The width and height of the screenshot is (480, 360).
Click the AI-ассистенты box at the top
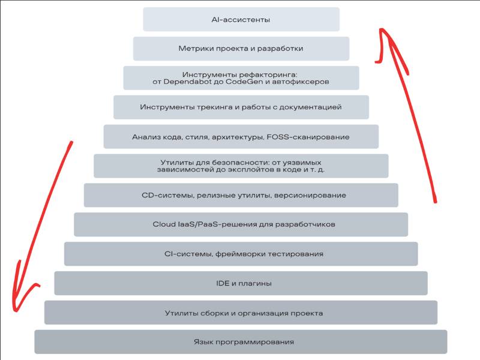tap(241, 20)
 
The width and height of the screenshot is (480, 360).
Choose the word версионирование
tap(310, 195)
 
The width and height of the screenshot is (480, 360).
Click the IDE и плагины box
tap(241, 283)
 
